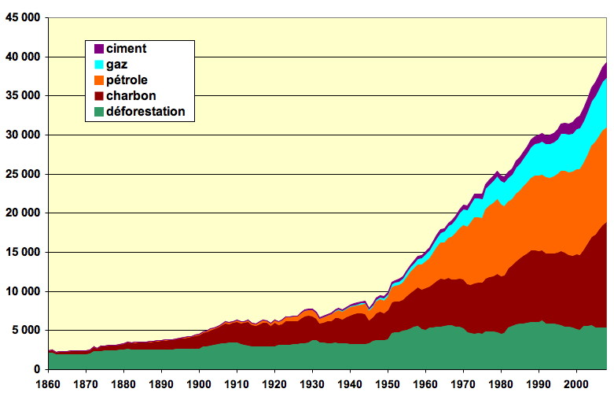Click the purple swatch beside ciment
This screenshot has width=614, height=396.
coord(98,49)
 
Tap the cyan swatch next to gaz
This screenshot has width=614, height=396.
coord(98,65)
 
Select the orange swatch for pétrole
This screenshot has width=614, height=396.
coord(98,80)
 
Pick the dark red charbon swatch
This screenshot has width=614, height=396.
coord(98,96)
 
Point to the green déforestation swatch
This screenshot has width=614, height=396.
coord(98,112)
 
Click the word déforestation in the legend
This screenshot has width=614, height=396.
coord(145,112)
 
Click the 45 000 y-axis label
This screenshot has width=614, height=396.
coord(21,19)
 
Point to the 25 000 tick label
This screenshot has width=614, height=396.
coord(21,174)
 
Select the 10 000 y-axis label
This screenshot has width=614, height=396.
coord(21,291)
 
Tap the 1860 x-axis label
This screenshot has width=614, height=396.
coord(49,384)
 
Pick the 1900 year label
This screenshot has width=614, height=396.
coord(200,384)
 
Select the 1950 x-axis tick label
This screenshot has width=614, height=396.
coord(388,384)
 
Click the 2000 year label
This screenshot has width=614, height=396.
coord(576,384)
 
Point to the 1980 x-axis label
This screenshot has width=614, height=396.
coord(501,384)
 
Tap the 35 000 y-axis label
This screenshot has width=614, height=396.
coord(21,96)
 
